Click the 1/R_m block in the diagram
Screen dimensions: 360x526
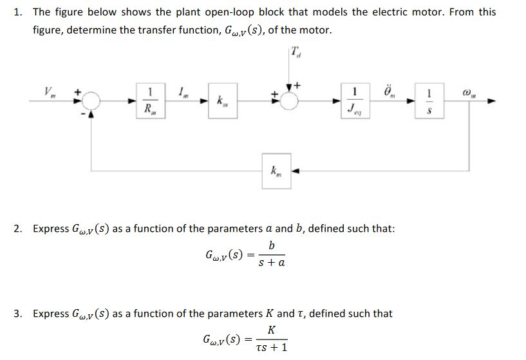[x=151, y=100]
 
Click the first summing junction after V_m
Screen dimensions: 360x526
[x=91, y=100]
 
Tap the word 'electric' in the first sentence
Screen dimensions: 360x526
[x=405, y=12]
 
